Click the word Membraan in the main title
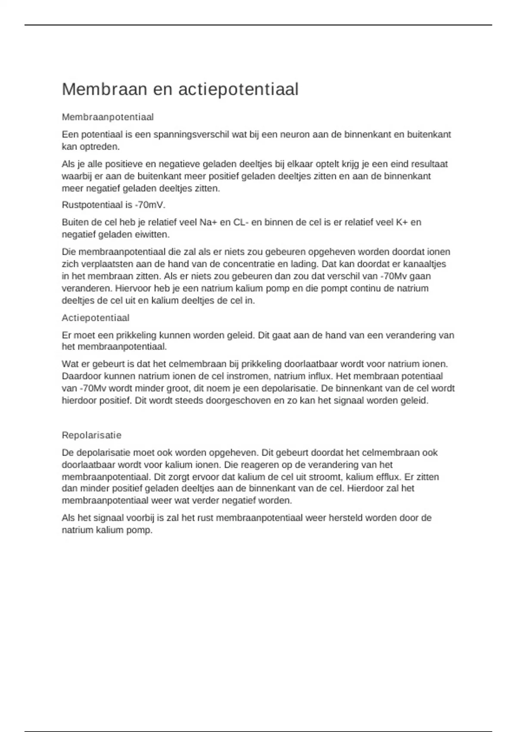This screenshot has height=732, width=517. pyautogui.click(x=102, y=90)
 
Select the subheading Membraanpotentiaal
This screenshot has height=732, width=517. pyautogui.click(x=108, y=117)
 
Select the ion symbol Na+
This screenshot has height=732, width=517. pyautogui.click(x=209, y=223)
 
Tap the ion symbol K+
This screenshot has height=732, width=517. pyautogui.click(x=402, y=223)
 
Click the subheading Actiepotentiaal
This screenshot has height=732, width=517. pyautogui.click(x=96, y=318)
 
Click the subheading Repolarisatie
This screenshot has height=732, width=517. pyautogui.click(x=92, y=435)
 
